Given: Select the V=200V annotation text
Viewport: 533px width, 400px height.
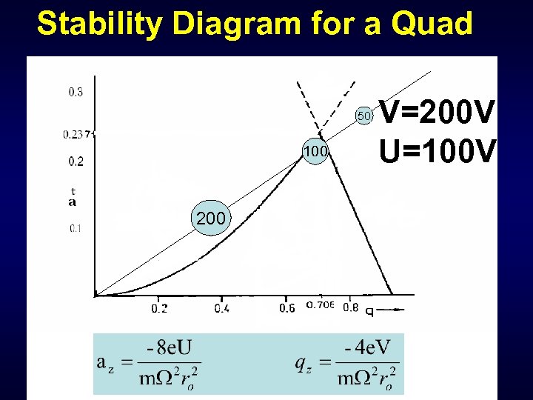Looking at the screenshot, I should (x=436, y=114).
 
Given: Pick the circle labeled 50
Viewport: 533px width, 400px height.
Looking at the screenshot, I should (x=364, y=116).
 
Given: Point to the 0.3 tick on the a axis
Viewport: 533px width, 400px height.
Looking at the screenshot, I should (x=76, y=93).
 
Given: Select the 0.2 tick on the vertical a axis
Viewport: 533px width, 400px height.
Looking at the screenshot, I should (x=76, y=161).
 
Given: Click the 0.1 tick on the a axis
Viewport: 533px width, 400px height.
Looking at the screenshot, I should (x=76, y=228).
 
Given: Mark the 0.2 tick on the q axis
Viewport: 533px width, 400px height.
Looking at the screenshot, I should (x=159, y=308).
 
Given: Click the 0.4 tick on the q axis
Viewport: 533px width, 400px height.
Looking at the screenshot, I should (x=221, y=308).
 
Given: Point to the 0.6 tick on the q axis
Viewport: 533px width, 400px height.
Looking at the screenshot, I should (x=287, y=308).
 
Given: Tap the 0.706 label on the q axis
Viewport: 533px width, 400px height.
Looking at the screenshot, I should (x=320, y=305).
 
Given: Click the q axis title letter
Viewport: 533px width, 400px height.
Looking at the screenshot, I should (x=369, y=310).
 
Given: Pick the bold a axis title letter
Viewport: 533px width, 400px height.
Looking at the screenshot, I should (x=73, y=201).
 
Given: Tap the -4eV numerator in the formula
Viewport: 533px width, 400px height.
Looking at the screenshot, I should (x=367, y=347).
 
